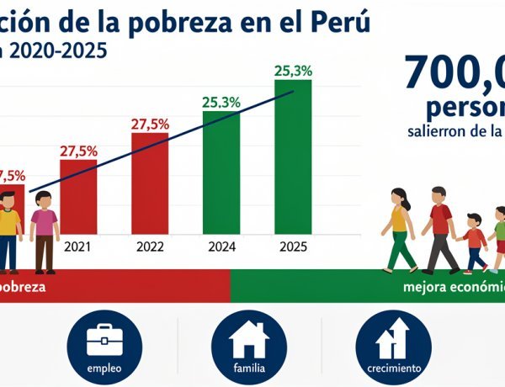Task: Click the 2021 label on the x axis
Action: (78, 247)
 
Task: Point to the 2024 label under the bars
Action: (221, 247)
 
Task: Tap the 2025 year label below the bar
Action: (293, 247)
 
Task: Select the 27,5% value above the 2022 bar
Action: (150, 124)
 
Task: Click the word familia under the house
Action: (249, 368)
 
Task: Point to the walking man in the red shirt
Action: (439, 227)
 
